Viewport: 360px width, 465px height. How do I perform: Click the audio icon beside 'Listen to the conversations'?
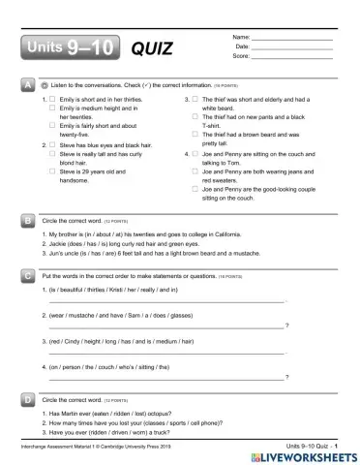click(x=45, y=87)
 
